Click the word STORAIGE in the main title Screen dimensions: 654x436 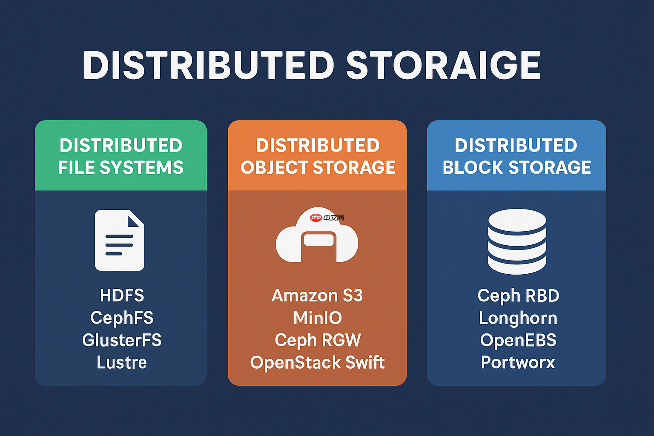click(443, 65)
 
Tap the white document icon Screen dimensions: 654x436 click(119, 240)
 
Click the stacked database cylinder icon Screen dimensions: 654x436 click(517, 241)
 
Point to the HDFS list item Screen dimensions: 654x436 click(122, 295)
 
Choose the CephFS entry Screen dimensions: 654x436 click(122, 318)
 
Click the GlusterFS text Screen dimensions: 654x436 click(122, 340)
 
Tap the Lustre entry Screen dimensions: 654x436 click(122, 362)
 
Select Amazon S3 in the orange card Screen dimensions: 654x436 click(317, 295)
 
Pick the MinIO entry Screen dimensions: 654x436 click(318, 318)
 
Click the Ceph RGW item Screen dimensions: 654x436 click(318, 340)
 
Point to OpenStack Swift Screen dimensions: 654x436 click(317, 362)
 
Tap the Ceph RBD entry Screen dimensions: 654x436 click(518, 295)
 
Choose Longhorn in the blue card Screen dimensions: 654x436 click(518, 318)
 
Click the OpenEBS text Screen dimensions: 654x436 click(518, 340)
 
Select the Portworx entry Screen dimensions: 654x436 click(518, 362)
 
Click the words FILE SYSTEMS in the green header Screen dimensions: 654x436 click(121, 167)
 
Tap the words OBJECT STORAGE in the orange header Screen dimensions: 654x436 click(318, 167)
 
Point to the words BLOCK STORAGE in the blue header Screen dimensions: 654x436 click(517, 167)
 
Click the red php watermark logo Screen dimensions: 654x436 click(316, 218)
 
